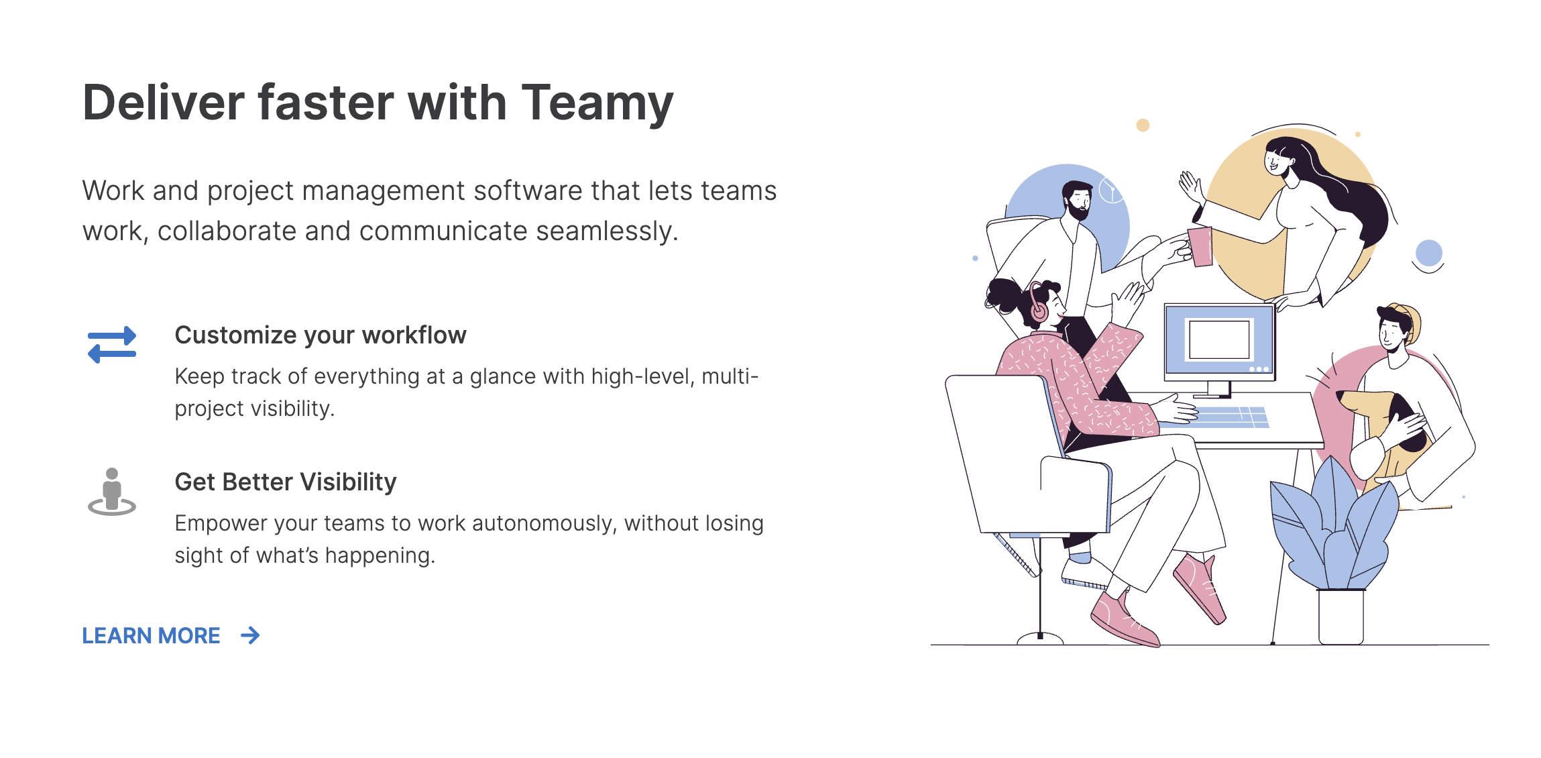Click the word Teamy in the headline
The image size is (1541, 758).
point(597,104)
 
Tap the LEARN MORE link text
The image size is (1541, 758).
point(151,635)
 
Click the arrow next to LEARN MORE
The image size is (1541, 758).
point(250,635)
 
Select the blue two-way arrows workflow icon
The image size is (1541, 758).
point(112,345)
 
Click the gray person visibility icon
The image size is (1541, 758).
point(112,492)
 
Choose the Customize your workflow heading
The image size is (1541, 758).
point(321,335)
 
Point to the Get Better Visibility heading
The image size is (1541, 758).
point(286,482)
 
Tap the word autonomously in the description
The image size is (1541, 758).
point(515,523)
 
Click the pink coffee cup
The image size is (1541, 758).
point(1200,246)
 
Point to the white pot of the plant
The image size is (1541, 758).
point(1340,616)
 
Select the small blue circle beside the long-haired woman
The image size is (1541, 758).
point(1428,253)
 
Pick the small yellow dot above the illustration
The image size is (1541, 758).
point(1143,125)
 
